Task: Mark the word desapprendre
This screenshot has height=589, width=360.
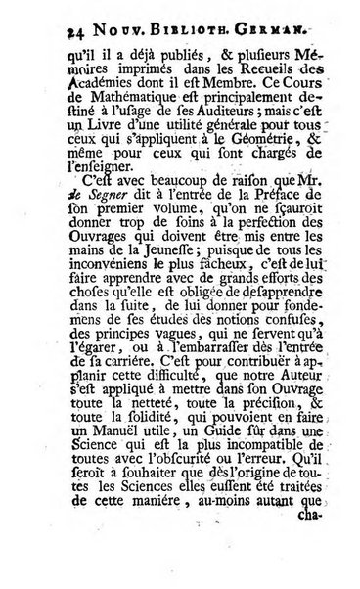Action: coord(233,349)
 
